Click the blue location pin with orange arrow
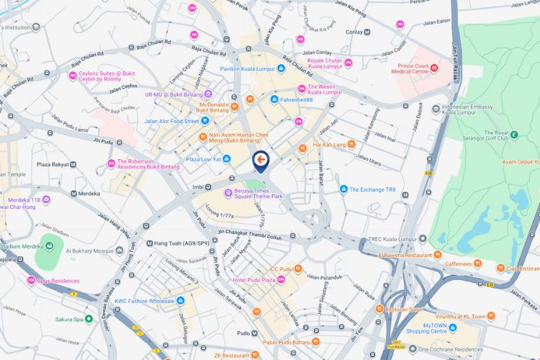click(x=261, y=161)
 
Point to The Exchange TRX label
click(x=372, y=189)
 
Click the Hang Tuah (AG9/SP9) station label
click(x=182, y=243)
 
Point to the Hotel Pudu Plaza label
click(x=253, y=279)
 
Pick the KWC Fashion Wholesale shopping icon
click(x=180, y=300)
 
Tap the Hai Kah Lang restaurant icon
click(x=351, y=144)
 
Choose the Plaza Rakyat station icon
click(x=74, y=164)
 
